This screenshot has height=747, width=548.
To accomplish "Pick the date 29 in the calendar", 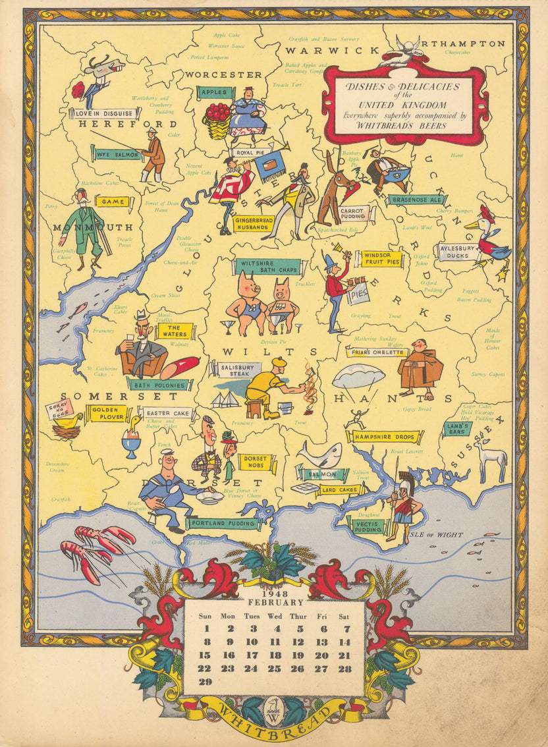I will (x=205, y=681).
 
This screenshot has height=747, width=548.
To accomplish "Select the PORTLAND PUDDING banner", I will (x=223, y=524).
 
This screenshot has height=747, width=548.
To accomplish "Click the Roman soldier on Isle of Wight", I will (x=401, y=503).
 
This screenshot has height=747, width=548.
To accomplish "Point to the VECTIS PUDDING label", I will (x=366, y=525).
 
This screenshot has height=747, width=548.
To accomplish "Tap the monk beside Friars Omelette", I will (x=420, y=369).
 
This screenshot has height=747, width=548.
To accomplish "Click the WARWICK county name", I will (x=332, y=51).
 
